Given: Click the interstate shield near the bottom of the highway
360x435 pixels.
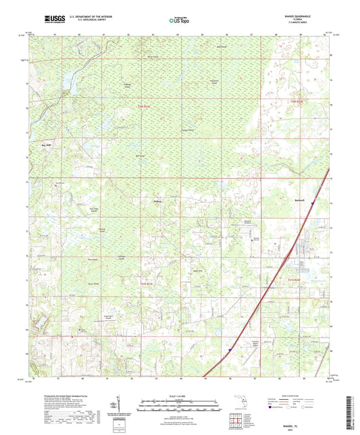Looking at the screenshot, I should [230, 350].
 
